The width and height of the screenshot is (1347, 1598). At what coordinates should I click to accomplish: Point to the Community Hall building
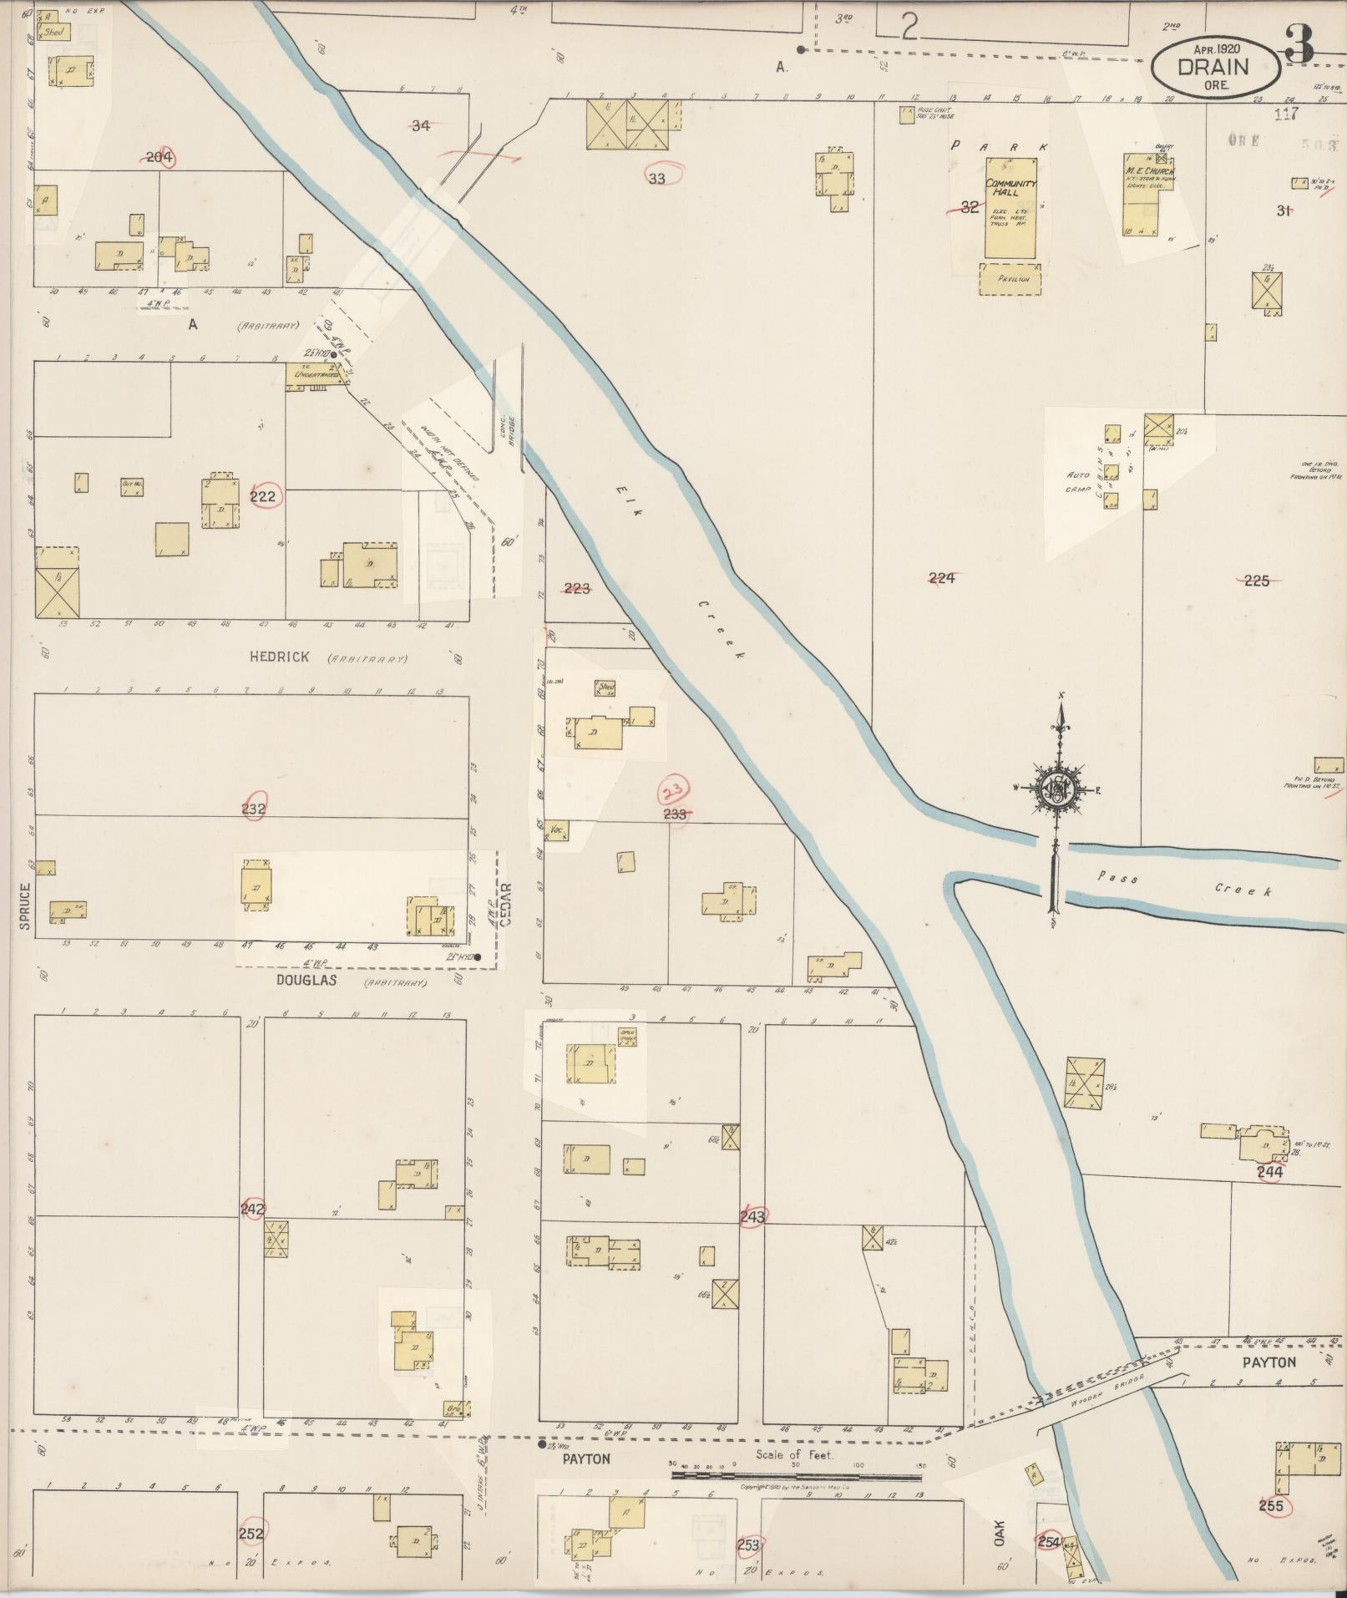[1011, 217]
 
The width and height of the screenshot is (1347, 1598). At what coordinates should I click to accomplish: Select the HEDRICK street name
[279, 657]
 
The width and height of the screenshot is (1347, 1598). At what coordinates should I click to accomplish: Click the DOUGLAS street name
[306, 981]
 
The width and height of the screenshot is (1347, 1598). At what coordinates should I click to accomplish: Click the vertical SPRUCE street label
[25, 906]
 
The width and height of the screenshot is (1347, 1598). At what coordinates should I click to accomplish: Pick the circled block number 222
[263, 496]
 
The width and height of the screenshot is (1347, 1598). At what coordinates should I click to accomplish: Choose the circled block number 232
[253, 808]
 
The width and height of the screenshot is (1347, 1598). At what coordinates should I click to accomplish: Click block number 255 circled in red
[1270, 1506]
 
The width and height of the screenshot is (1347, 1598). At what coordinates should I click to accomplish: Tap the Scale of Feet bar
[798, 1476]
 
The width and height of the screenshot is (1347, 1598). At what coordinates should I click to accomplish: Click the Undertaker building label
[312, 375]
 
